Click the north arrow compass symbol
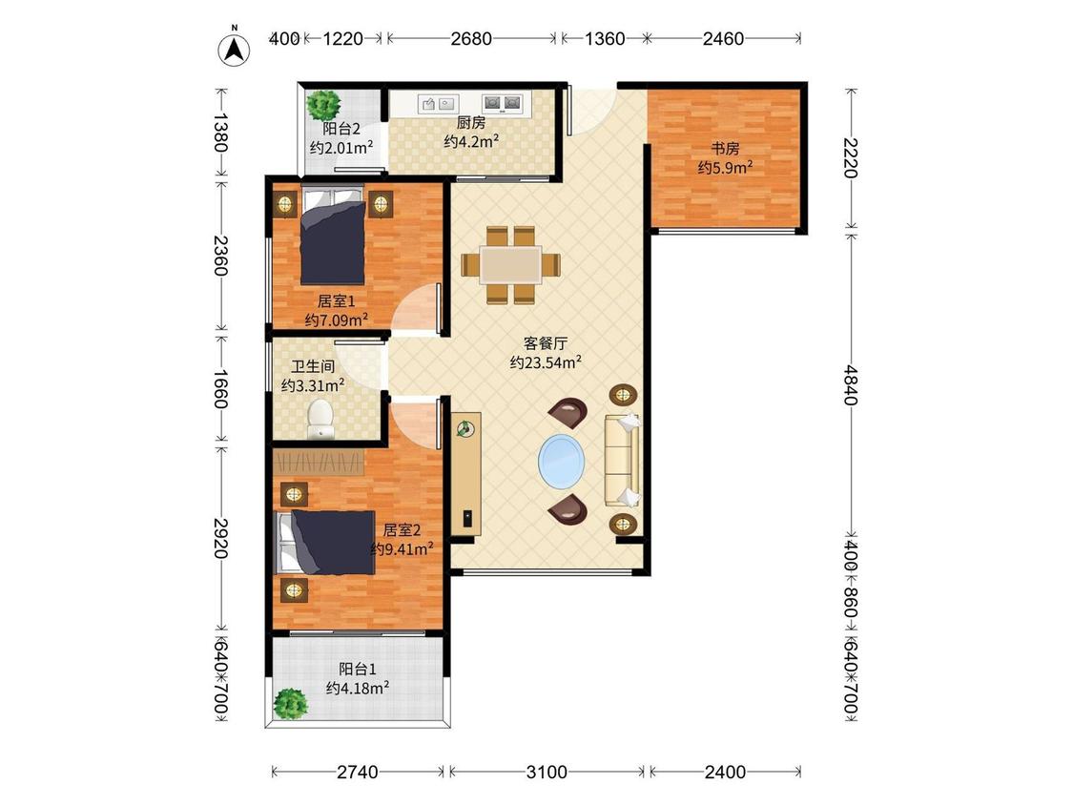234,49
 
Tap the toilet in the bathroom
320,419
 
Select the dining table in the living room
510,265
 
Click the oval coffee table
562,461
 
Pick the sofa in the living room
622,460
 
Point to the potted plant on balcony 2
323,105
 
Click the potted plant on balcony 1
290,704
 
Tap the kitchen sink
438,103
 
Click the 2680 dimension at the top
471,38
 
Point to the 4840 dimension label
850,384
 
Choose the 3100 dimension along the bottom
547,773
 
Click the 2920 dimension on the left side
220,538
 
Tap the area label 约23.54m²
546,362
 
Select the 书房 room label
726,148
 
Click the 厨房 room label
471,122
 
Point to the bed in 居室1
333,234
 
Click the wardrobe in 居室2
319,462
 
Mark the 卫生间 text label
313,366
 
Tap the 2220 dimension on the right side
850,158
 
